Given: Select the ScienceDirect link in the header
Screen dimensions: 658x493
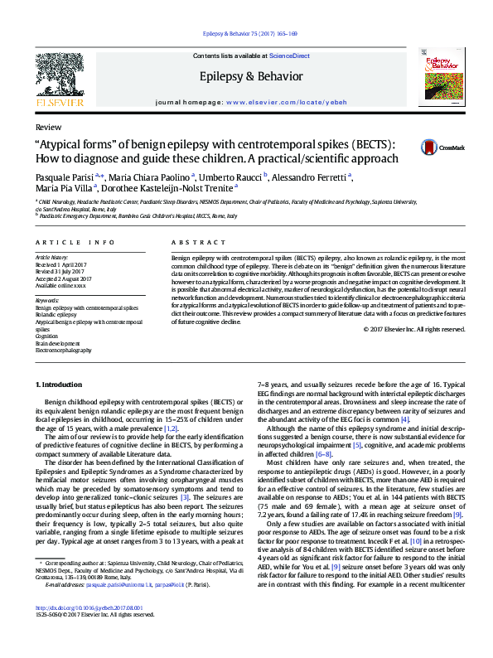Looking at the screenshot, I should click(288, 55).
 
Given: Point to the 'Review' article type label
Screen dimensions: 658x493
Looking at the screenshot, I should click(48, 129).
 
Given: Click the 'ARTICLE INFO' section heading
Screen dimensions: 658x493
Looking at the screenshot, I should click(75, 242).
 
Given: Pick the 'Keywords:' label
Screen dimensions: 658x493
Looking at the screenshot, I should click(48, 300).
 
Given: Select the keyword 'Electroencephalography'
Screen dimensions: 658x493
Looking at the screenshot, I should click(69, 351).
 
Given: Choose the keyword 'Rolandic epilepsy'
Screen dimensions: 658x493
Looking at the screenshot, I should click(58, 314).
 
